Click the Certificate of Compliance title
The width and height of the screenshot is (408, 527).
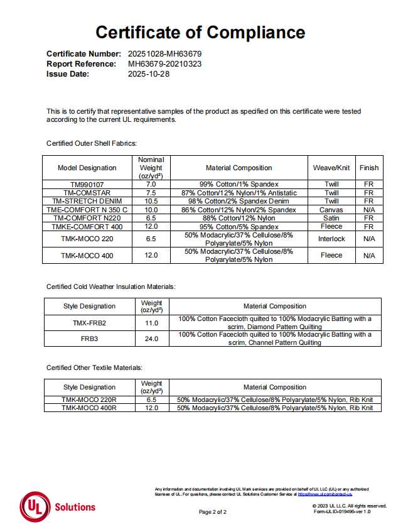200,32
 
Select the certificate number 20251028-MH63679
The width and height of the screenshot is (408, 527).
164,54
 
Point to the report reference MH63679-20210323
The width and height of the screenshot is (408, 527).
164,64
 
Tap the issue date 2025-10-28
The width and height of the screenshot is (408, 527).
149,74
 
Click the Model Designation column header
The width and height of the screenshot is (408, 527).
87,168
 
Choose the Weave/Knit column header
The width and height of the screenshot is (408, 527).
331,168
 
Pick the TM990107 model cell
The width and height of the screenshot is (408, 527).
87,185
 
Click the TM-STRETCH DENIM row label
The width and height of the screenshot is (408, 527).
87,201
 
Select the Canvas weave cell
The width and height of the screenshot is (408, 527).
331,209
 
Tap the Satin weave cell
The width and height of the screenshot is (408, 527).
331,218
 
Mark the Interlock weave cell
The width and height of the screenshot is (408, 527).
331,239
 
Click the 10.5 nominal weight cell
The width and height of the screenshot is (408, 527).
151,201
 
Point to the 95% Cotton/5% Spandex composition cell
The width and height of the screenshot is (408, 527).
239,226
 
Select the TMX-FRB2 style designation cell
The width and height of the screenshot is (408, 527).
89,323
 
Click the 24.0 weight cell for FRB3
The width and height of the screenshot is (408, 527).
151,339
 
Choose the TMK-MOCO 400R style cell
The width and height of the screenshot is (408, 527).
89,408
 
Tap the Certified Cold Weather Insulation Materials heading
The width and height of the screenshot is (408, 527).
111,286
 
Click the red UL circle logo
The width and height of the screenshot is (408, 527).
35,506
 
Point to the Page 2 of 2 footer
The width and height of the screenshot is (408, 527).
213,512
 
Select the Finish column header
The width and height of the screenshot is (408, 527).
369,168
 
